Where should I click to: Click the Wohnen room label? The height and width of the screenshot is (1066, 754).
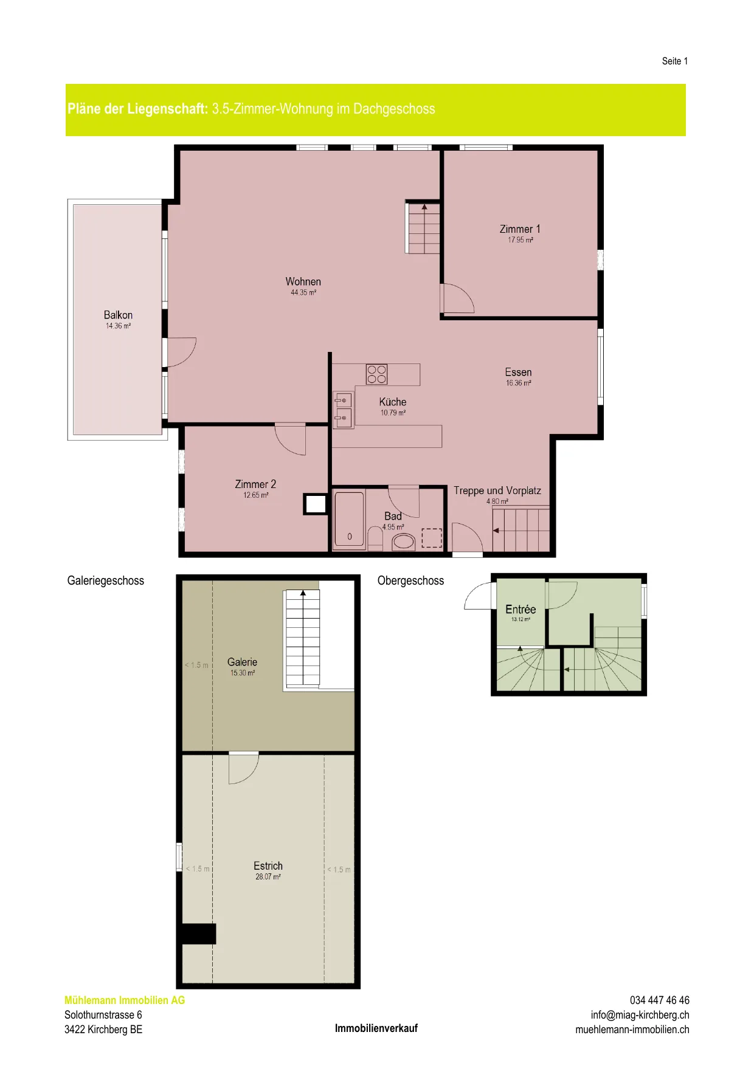click(303, 281)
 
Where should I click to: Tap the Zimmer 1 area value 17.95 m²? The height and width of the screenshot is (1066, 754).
click(521, 240)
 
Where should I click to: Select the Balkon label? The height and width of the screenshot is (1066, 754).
click(118, 315)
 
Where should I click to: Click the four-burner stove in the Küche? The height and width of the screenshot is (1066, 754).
click(377, 374)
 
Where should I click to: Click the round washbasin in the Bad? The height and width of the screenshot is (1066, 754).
click(404, 541)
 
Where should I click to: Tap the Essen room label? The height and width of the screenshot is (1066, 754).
click(518, 372)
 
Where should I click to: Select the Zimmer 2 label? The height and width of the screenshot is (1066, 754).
click(255, 484)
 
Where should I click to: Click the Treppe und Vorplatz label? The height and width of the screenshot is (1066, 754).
click(497, 490)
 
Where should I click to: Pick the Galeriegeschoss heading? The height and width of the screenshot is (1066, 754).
click(106, 580)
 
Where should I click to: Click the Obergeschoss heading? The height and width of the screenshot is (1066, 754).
click(411, 580)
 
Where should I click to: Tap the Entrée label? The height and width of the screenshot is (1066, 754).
click(521, 609)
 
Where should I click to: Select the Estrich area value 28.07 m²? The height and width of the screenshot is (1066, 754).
click(268, 876)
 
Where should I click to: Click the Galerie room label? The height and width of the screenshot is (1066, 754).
click(242, 662)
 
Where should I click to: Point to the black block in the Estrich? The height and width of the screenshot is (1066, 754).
click(199, 934)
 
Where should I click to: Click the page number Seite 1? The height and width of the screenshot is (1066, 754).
click(675, 61)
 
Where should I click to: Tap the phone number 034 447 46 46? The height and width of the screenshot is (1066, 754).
click(660, 1000)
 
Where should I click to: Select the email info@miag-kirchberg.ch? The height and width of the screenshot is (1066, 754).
click(640, 1014)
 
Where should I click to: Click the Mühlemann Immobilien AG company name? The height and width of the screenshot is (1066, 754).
click(125, 1000)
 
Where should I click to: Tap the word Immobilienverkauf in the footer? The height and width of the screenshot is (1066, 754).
click(376, 1028)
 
